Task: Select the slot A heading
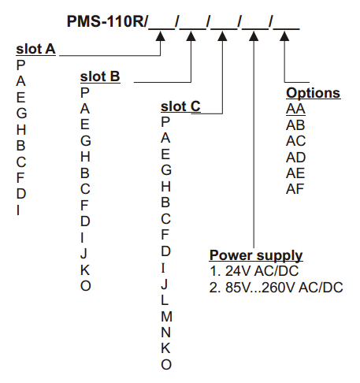click(x=35, y=49)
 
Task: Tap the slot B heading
click(x=100, y=76)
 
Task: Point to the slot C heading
click(x=180, y=106)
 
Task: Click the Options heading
click(x=314, y=93)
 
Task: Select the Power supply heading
click(x=256, y=255)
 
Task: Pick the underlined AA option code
click(x=295, y=109)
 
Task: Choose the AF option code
click(x=295, y=189)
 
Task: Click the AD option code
click(x=296, y=158)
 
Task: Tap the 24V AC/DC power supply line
click(x=254, y=271)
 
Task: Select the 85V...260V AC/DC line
click(x=276, y=288)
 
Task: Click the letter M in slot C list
click(x=167, y=317)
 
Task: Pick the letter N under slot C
click(x=166, y=333)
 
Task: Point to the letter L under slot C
click(x=165, y=300)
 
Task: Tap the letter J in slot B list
click(x=84, y=254)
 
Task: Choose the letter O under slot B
click(x=86, y=286)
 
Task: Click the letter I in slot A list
click(x=18, y=210)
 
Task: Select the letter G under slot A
click(x=21, y=113)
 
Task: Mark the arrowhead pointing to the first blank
click(x=161, y=36)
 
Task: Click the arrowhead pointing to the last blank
click(x=284, y=36)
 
